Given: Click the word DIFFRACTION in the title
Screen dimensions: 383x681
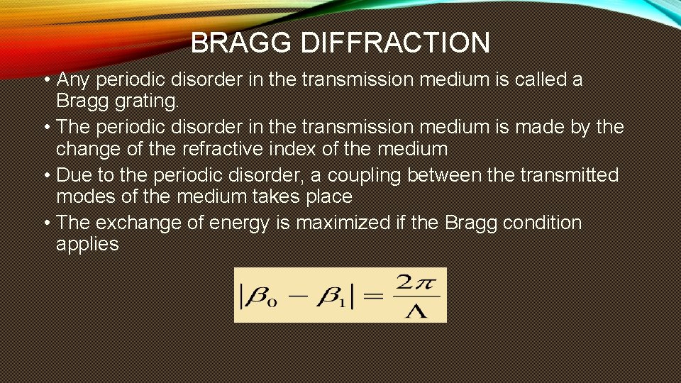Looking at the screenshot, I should point(396,43).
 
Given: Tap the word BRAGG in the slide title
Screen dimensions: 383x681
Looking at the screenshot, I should point(243,43).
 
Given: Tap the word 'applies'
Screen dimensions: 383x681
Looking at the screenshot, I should point(88,245).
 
